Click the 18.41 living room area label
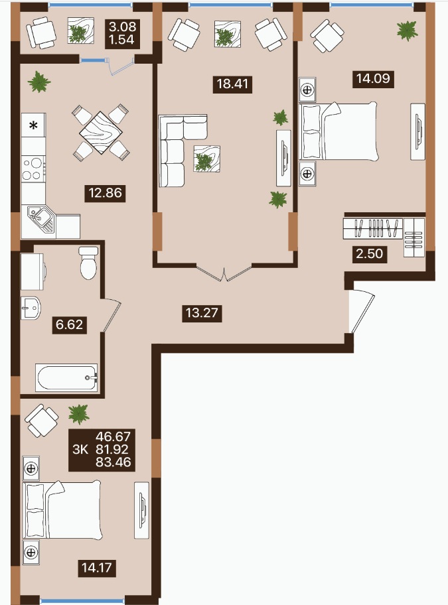(233, 84)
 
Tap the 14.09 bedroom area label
(373, 79)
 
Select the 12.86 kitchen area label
(105, 192)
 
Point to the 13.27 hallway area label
(202, 312)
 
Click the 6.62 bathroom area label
(70, 324)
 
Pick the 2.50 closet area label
(370, 253)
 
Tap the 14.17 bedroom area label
(97, 568)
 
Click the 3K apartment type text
(80, 449)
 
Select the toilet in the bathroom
(89, 263)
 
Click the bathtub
(66, 377)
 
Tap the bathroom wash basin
(30, 308)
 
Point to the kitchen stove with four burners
(34, 169)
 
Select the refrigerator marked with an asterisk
(34, 125)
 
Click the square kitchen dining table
(101, 133)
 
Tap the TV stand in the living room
(283, 158)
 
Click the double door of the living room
(224, 272)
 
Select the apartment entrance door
(362, 311)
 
